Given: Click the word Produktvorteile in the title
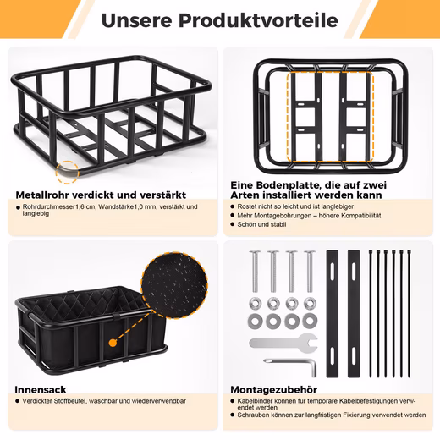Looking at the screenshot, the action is [x=258, y=20].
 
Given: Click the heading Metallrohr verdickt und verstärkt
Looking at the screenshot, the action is [x=101, y=195].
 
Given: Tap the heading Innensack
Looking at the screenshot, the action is [x=41, y=390].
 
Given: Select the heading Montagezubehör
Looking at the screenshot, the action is [x=273, y=390].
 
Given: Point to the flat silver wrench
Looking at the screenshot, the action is [x=283, y=343].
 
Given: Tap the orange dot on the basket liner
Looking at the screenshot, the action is [x=113, y=343].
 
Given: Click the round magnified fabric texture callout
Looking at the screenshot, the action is [x=174, y=285].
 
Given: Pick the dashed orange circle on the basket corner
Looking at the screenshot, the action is [x=67, y=173].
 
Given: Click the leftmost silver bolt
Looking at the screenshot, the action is [x=255, y=271].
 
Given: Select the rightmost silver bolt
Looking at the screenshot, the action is [x=310, y=271].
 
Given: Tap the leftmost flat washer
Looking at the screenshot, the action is [x=256, y=321].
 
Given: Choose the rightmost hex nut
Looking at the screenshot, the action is [x=310, y=304].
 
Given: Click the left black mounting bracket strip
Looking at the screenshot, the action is [x=333, y=314].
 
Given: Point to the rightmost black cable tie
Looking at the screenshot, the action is [x=409, y=314].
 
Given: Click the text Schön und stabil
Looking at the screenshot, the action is [x=261, y=224].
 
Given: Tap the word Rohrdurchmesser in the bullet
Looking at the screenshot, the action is [x=49, y=206].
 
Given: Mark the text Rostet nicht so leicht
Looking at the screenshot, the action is [x=268, y=206].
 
